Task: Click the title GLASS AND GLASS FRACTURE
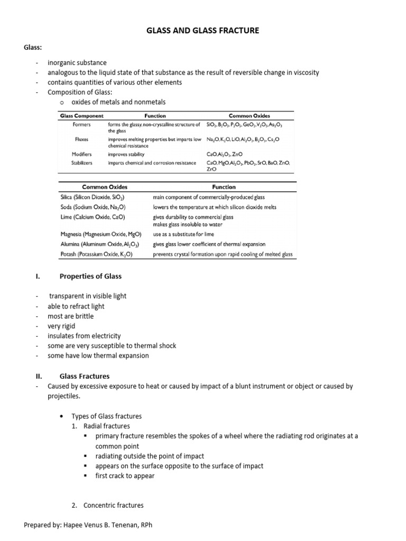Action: (203, 31)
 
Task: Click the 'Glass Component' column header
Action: (81, 116)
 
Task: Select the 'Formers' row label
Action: (82, 125)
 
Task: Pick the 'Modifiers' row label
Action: (82, 154)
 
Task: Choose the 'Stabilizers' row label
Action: (82, 163)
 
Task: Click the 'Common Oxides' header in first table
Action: (250, 116)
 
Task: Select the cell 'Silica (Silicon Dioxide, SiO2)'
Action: (93, 197)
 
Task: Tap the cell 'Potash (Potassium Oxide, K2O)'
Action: (96, 254)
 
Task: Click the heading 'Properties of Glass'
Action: (90, 276)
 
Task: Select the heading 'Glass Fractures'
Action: (85, 376)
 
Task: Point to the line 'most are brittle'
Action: (70, 316)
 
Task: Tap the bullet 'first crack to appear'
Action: (125, 475)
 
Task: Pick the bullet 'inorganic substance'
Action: (77, 62)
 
